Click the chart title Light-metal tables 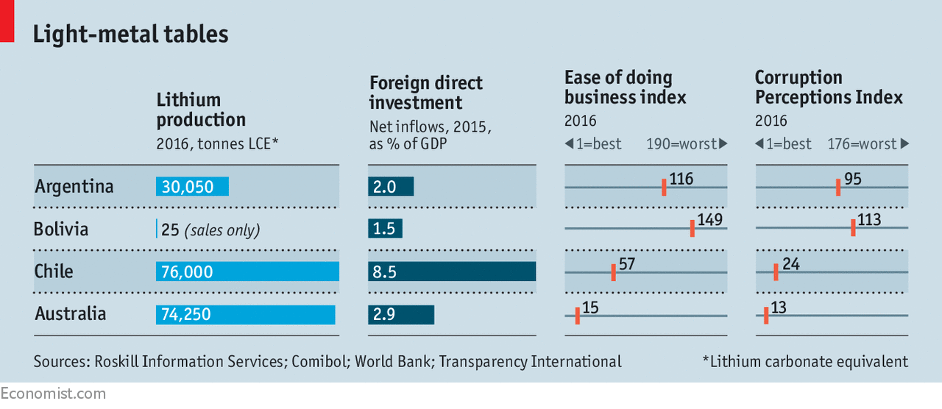click(x=131, y=34)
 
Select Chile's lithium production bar click(x=247, y=271)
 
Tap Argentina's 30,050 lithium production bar click(x=193, y=187)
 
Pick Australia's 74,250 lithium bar click(x=245, y=314)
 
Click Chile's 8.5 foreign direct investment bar click(x=452, y=271)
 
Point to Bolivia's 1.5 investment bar click(x=385, y=229)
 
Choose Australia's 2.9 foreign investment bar click(x=401, y=314)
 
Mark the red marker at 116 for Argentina click(x=664, y=187)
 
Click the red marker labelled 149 click(x=693, y=228)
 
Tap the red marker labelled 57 click(x=613, y=272)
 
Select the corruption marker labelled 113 click(x=853, y=228)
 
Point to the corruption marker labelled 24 click(x=776, y=272)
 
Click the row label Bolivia click(x=61, y=230)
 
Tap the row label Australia click(x=71, y=314)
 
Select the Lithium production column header click(x=201, y=110)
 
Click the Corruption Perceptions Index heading click(x=829, y=88)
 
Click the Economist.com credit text click(x=53, y=394)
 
